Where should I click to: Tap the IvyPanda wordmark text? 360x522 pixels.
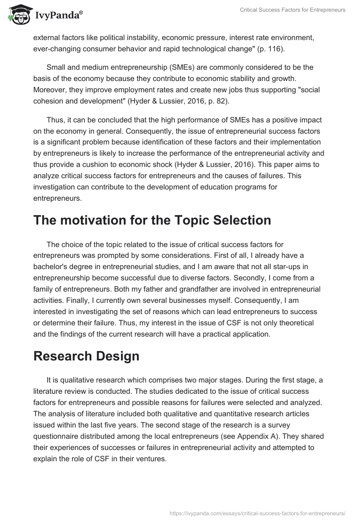pos(58,16)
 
